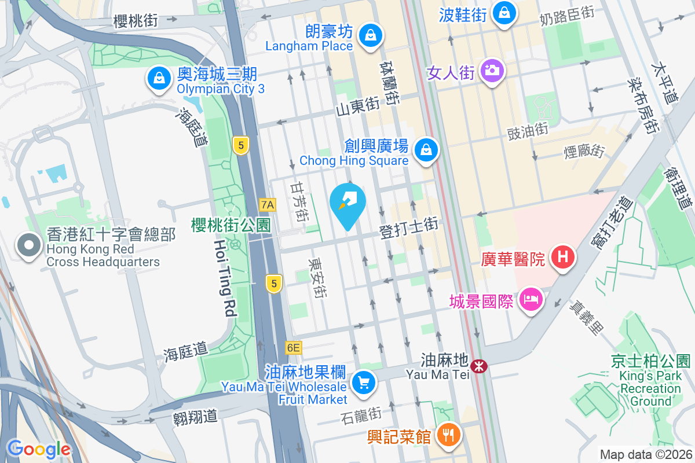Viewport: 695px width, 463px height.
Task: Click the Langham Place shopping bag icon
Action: pos(368,35)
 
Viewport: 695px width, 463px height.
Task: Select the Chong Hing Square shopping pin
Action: pos(426,150)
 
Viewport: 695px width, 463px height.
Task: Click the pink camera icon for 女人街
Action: pos(492,71)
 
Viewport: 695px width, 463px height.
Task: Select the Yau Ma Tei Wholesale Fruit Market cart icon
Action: pos(364,383)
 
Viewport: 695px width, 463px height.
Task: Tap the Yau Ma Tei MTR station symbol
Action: pos(479,366)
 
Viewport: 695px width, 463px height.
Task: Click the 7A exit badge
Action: pos(267,204)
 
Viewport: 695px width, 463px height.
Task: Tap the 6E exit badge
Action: pos(294,348)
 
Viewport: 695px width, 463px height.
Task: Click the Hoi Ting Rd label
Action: pos(225,278)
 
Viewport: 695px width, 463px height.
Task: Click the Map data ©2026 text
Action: pos(645,455)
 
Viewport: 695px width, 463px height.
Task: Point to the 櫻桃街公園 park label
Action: pos(231,225)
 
